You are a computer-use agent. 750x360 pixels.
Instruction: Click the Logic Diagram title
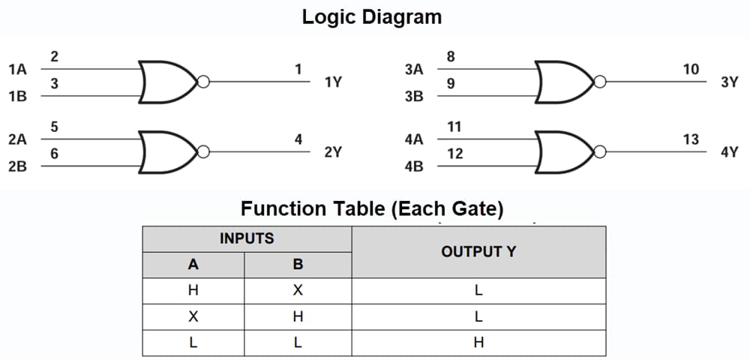(x=372, y=16)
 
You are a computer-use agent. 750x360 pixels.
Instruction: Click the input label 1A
(x=16, y=70)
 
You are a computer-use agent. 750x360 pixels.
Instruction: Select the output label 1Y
(x=333, y=82)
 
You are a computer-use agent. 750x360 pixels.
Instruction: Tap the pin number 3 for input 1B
(x=55, y=84)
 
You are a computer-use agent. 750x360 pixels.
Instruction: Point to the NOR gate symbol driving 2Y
(x=167, y=152)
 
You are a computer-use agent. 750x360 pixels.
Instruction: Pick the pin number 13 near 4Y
(x=691, y=139)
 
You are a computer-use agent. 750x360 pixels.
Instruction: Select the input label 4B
(x=414, y=166)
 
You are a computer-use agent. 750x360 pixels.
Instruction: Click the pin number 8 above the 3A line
(x=450, y=57)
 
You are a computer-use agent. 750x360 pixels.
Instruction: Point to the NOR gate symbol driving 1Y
(x=167, y=82)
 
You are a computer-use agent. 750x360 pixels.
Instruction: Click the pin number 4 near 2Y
(x=298, y=139)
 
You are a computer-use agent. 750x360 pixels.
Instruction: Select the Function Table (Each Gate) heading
(x=372, y=208)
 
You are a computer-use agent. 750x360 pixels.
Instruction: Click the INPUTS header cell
(x=247, y=238)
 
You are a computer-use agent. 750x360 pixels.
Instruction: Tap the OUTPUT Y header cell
(x=478, y=251)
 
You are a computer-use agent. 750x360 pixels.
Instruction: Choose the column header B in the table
(x=298, y=265)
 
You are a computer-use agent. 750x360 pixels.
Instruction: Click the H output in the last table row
(x=478, y=343)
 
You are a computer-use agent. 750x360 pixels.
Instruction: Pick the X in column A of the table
(x=193, y=316)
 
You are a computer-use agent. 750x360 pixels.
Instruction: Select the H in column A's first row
(x=193, y=291)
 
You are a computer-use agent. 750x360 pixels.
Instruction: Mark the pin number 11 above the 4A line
(x=454, y=127)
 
